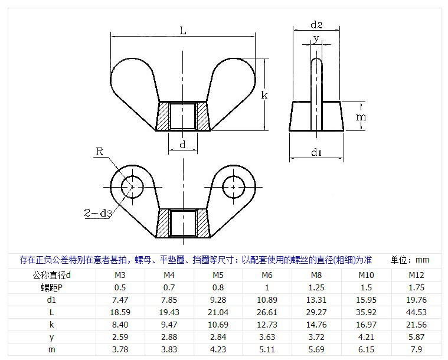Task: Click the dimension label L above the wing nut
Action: (183, 31)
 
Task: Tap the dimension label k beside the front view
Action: (265, 94)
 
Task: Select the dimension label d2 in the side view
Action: (316, 25)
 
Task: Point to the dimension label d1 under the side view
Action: (316, 153)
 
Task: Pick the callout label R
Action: (100, 152)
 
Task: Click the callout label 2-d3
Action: (98, 213)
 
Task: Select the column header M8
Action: (316, 275)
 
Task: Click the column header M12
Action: (416, 275)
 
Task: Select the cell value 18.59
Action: (120, 312)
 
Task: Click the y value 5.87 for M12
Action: (416, 336)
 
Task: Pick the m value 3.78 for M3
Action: (120, 349)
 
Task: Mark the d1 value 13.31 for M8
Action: (316, 300)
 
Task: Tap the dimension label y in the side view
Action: (316, 39)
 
